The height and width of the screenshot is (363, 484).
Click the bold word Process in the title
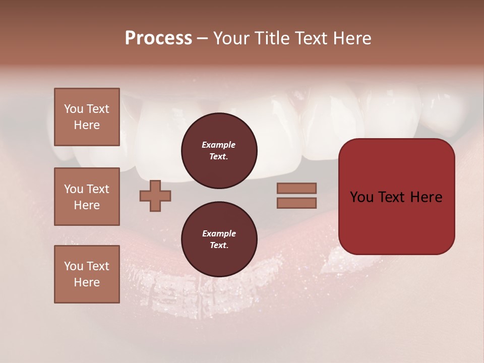coord(158,38)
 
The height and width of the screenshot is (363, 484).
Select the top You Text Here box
coord(87,117)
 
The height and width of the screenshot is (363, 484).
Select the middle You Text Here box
coord(87,197)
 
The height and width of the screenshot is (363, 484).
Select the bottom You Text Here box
coord(87,274)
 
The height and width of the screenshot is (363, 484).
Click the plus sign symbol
coord(155,196)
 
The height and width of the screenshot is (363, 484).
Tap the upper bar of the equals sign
coord(296,188)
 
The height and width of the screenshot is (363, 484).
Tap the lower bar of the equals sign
coord(296,203)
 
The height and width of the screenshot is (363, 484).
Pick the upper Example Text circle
coord(219,151)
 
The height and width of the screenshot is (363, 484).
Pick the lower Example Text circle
coord(219,239)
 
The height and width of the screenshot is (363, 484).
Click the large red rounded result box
coord(396,197)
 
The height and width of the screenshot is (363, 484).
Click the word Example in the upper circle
coord(218,145)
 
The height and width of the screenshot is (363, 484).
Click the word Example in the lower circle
coord(219,233)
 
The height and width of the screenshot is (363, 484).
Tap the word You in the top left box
coord(73,109)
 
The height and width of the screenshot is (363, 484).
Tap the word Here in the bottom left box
coord(87,282)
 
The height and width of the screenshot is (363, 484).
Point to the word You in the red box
coord(361,197)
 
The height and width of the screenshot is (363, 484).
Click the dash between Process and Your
coord(203,38)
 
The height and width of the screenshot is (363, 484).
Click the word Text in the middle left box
coord(97,189)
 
